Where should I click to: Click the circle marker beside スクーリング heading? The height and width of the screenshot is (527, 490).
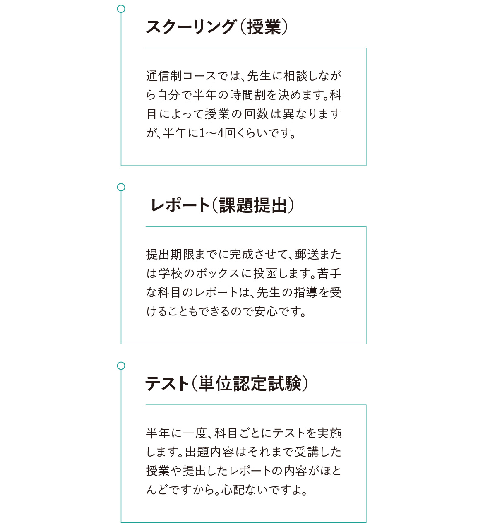point(121,9)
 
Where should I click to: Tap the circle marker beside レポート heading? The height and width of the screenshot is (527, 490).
point(121,188)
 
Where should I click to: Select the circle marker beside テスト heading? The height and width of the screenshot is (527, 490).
point(121,366)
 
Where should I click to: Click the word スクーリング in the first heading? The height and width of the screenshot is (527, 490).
point(190,27)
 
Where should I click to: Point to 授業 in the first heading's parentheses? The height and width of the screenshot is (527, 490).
point(264,27)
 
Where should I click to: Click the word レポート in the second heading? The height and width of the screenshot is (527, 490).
point(180,205)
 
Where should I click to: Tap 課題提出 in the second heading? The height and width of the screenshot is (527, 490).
point(253,205)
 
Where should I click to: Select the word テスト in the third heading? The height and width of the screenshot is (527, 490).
point(167,384)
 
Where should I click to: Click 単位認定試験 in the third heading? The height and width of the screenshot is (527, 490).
point(250,384)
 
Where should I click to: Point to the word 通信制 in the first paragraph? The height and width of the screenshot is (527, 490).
point(164,76)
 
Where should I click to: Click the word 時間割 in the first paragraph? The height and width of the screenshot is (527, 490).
point(247,95)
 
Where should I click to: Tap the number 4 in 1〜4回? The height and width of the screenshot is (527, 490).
point(221,133)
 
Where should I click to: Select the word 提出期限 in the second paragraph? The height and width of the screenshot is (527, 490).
point(170,255)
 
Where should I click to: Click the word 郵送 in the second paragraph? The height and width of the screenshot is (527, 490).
point(306,255)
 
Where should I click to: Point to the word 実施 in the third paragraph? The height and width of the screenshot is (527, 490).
point(329,433)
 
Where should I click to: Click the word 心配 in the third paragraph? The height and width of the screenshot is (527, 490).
point(233,490)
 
